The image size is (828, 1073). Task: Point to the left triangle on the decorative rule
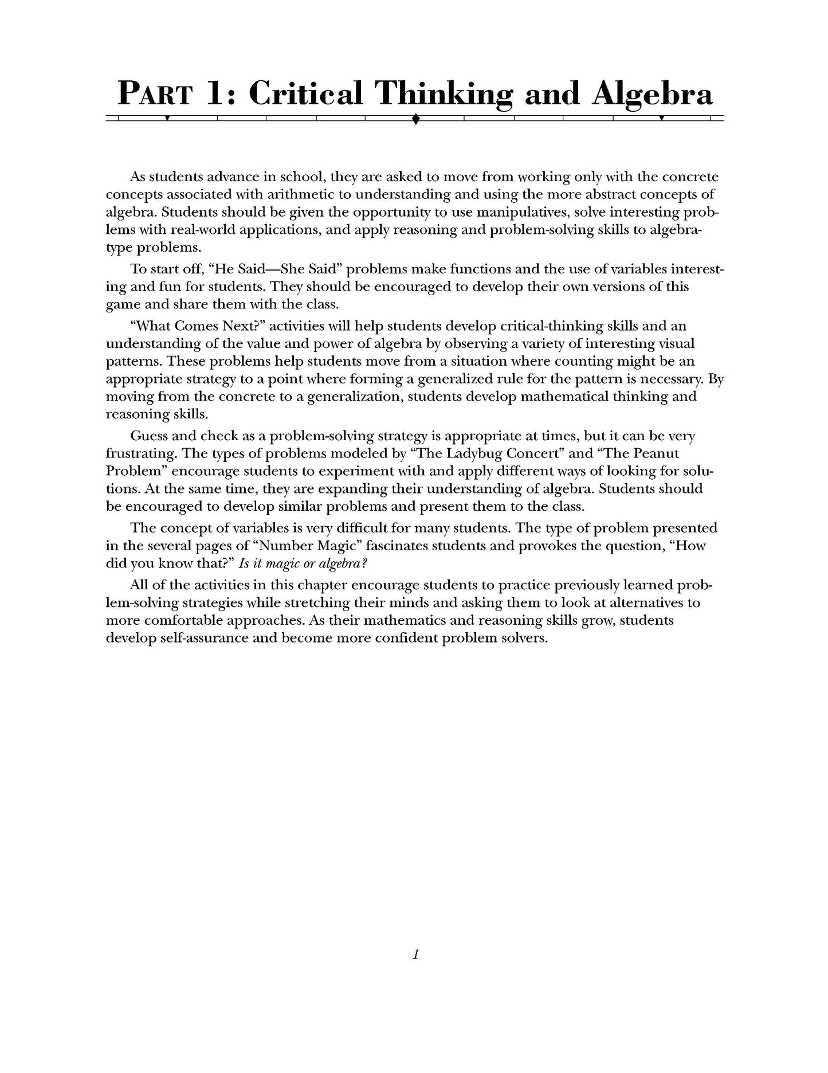tap(167, 119)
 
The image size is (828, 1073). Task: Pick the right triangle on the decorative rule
tap(662, 119)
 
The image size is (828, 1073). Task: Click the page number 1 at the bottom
tap(416, 954)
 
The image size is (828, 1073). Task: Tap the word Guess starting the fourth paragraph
tap(149, 436)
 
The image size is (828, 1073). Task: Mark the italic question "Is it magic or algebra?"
tap(303, 563)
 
